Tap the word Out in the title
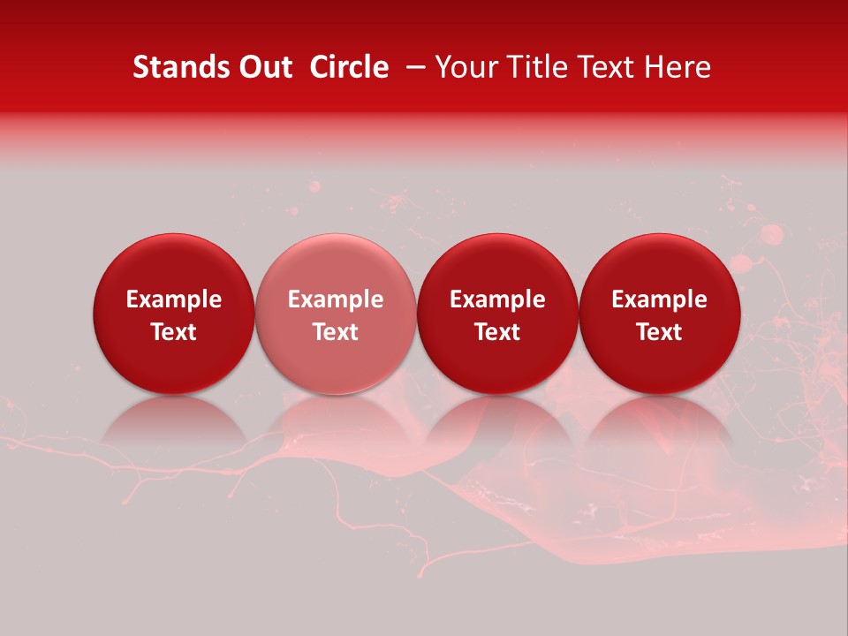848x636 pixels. click(263, 67)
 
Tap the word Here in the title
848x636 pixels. click(679, 67)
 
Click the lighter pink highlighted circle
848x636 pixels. click(336, 314)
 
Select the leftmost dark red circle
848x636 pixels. click(173, 314)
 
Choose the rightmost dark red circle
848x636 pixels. click(659, 314)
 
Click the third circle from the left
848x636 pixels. click(497, 314)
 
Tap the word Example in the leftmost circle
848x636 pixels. click(173, 299)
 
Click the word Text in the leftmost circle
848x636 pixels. click(173, 332)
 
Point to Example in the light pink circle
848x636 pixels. click(336, 299)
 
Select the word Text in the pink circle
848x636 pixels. click(336, 332)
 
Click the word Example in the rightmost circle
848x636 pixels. click(659, 299)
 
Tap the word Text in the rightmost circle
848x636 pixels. click(659, 332)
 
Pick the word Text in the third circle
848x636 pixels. click(497, 332)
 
